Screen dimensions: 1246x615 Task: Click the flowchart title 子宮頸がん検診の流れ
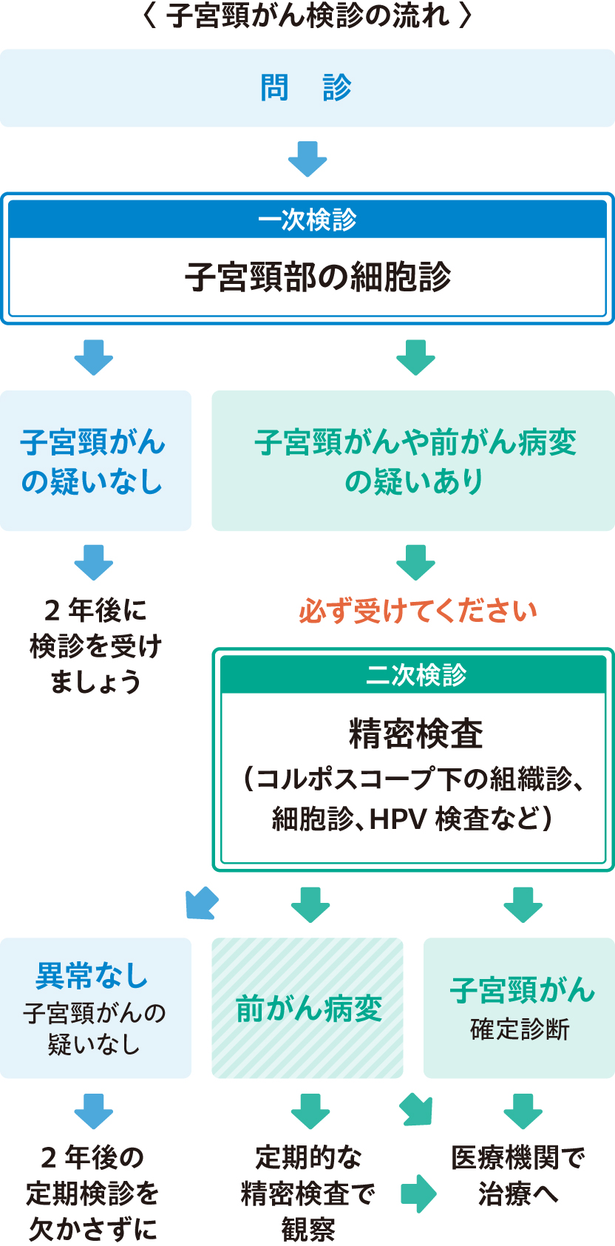pyautogui.click(x=307, y=16)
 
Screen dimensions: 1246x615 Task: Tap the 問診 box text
pyautogui.click(x=306, y=88)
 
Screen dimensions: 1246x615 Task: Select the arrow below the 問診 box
pyautogui.click(x=307, y=158)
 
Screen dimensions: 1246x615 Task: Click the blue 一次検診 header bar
pyautogui.click(x=307, y=220)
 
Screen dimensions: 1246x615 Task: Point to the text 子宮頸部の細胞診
pyautogui.click(x=318, y=277)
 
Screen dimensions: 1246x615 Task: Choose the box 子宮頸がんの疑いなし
pyautogui.click(x=95, y=461)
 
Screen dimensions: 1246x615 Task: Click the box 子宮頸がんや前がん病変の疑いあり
pyautogui.click(x=414, y=461)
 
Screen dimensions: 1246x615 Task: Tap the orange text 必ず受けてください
pyautogui.click(x=418, y=612)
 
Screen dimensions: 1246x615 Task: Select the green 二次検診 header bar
pyautogui.click(x=414, y=674)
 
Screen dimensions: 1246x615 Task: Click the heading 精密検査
pyautogui.click(x=415, y=734)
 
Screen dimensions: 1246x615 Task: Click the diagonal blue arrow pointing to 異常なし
pyautogui.click(x=202, y=903)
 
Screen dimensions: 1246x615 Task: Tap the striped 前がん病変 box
pyautogui.click(x=307, y=1009)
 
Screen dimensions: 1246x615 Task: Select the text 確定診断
pyautogui.click(x=520, y=1029)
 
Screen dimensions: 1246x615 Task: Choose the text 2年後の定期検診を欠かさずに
pyautogui.click(x=92, y=1193)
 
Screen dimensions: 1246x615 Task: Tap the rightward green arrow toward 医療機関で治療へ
pyautogui.click(x=418, y=1193)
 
